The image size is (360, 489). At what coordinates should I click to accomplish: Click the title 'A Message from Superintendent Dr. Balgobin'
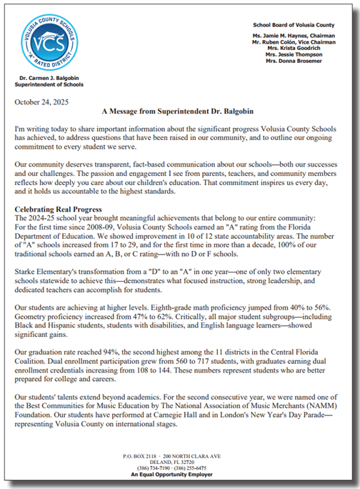[x=179, y=112]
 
